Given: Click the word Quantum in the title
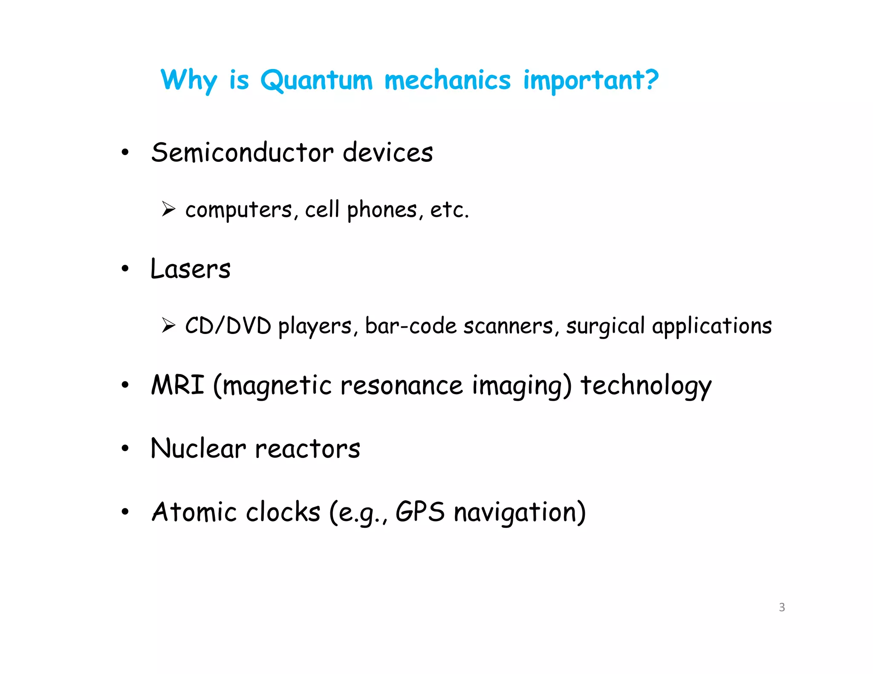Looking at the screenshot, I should click(316, 80).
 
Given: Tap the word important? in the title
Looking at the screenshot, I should click(591, 80).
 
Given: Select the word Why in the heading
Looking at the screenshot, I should click(188, 80).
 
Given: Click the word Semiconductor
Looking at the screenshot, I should click(242, 153).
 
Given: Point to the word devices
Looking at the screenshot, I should click(387, 153).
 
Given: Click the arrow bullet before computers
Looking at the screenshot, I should click(168, 209).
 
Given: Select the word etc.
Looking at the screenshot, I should click(449, 210).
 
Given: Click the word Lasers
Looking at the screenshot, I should click(191, 269).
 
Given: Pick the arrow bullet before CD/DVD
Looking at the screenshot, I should click(168, 325).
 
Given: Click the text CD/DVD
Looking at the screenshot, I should click(228, 326).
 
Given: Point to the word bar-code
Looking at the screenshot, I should click(411, 326).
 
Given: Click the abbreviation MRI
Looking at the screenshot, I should click(178, 385).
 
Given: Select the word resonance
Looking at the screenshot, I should click(402, 386).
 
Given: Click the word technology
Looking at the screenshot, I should click(646, 386).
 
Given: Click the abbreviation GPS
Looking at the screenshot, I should click(420, 511).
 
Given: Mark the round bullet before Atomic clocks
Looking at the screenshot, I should click(125, 512).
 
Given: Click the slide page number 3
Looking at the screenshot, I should click(782, 607).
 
